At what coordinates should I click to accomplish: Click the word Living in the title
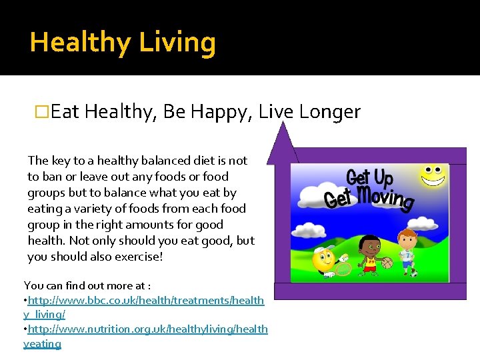pyautogui.click(x=177, y=43)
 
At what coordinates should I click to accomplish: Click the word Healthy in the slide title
pyautogui.click(x=81, y=43)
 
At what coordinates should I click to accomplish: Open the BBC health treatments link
pyautogui.click(x=143, y=307)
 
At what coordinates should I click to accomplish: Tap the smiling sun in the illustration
pyautogui.click(x=432, y=175)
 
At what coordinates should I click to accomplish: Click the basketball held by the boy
pyautogui.click(x=387, y=263)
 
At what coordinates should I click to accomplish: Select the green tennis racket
pyautogui.click(x=344, y=268)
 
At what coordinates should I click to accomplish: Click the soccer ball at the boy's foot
pyautogui.click(x=413, y=273)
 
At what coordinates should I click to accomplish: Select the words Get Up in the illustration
pyautogui.click(x=369, y=177)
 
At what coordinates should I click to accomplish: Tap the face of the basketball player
pyautogui.click(x=367, y=246)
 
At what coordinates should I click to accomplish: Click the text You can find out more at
pyautogui.click(x=87, y=285)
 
